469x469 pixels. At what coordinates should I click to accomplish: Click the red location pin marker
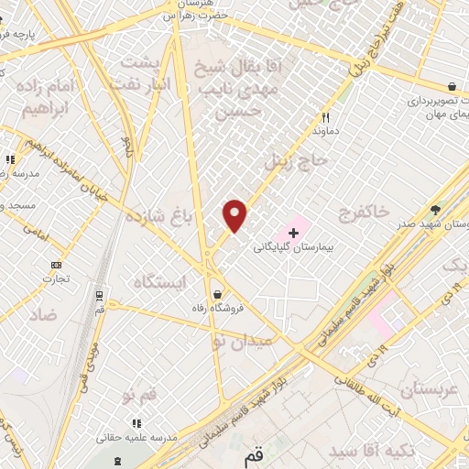pos(235,215)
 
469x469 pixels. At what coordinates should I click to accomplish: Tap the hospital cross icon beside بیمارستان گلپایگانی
pos(293,234)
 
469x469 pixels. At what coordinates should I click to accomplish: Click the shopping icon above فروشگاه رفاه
pos(217,294)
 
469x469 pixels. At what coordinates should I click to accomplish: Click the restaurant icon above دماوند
pos(325,117)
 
